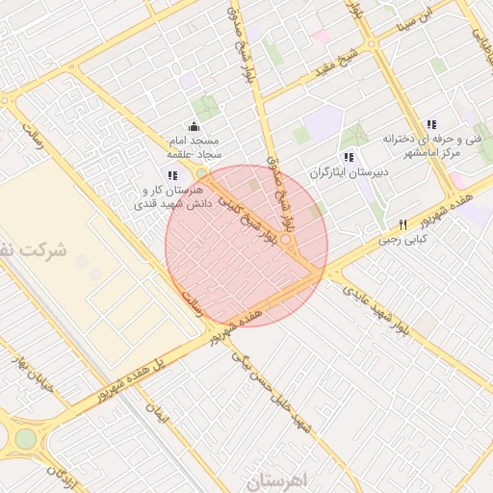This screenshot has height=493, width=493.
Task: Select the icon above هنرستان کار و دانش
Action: click(x=172, y=175)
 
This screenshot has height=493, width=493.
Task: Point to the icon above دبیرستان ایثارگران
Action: click(x=348, y=157)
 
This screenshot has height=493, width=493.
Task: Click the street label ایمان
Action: click(x=156, y=414)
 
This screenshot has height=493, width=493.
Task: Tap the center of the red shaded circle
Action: click(x=246, y=246)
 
